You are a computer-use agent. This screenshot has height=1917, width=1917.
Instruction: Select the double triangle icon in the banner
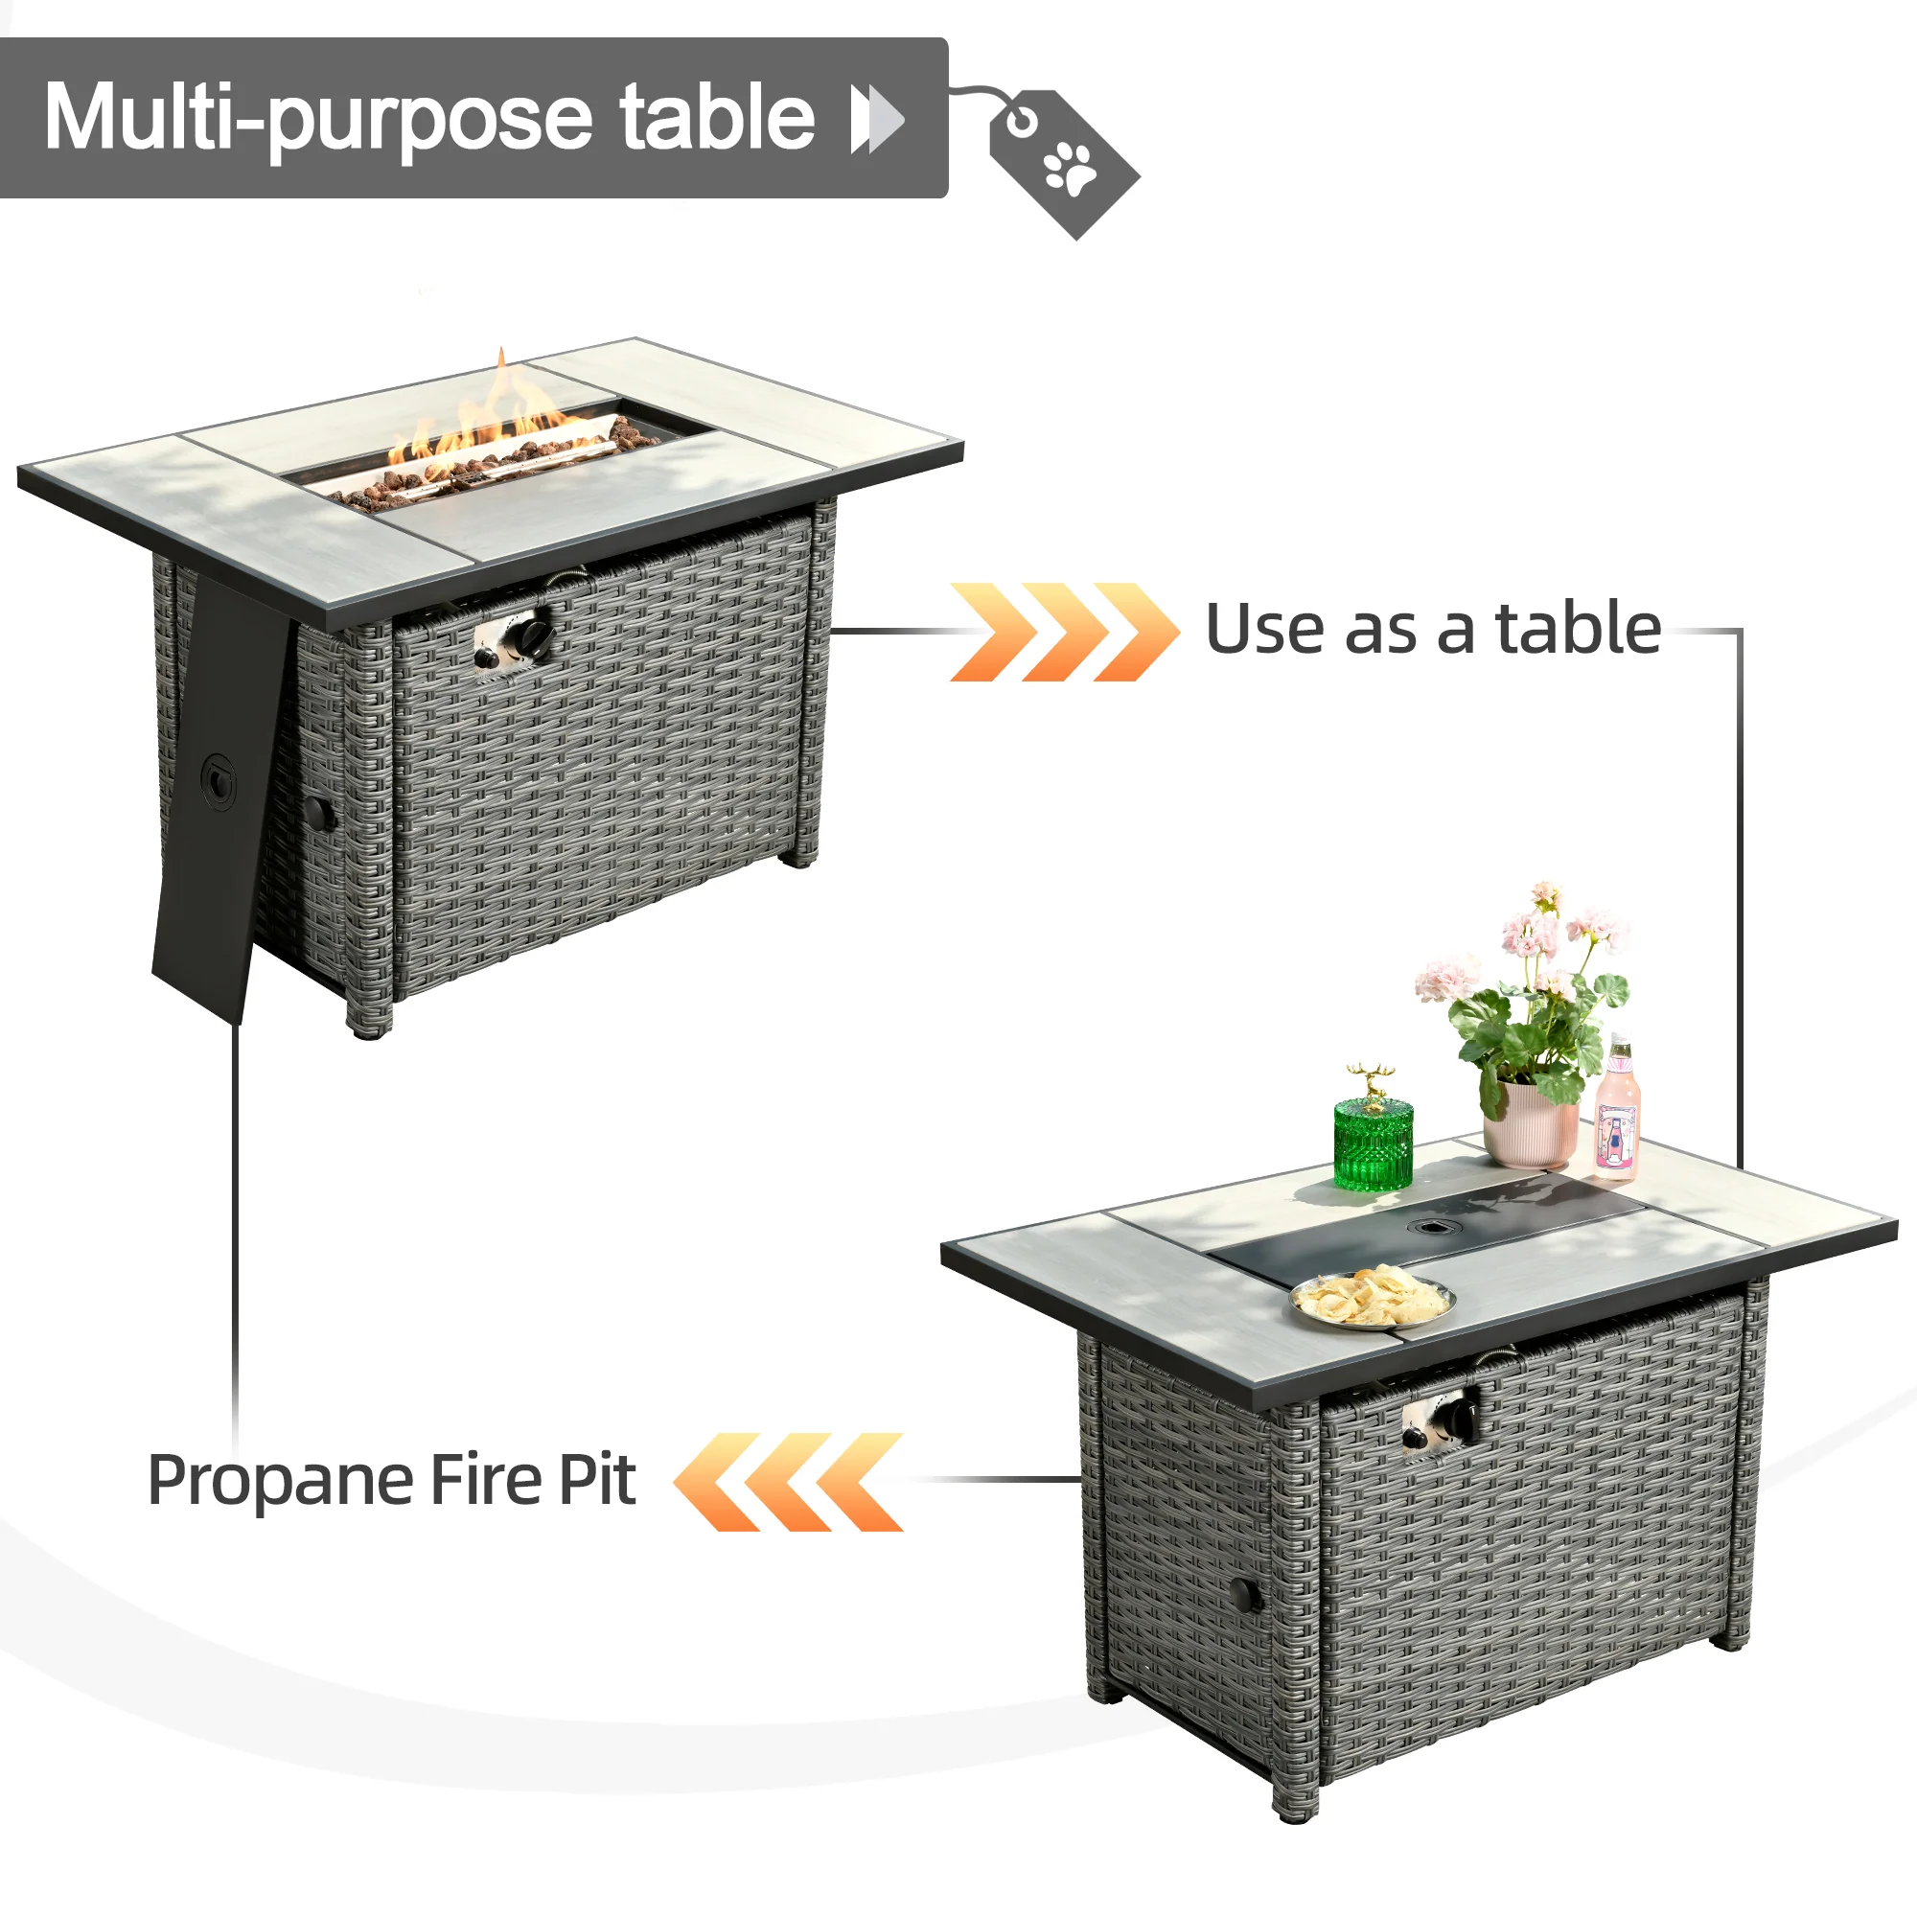877,119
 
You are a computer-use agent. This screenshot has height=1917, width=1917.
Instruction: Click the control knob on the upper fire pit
535,636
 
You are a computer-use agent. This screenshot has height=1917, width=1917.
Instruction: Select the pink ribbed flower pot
1529,1126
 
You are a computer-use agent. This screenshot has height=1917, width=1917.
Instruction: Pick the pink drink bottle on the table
1616,1117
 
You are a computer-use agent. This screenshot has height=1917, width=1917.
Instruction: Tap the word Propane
280,1482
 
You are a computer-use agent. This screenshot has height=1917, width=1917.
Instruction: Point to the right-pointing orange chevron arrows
1064,632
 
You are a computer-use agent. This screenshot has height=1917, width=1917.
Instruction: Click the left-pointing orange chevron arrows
789,1482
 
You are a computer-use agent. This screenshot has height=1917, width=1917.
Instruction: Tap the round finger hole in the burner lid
1430,1228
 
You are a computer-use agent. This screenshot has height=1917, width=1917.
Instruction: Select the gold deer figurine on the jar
1373,1082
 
